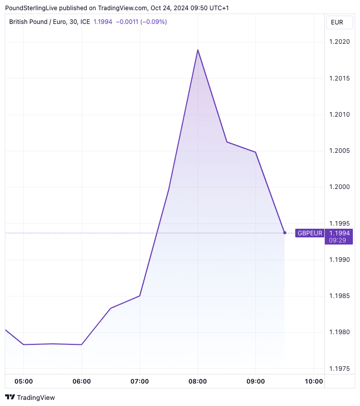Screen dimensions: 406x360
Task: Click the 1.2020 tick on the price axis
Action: pyautogui.click(x=339, y=42)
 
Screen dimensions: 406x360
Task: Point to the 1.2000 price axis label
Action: pyautogui.click(x=339, y=187)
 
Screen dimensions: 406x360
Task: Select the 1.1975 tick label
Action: pyautogui.click(x=339, y=368)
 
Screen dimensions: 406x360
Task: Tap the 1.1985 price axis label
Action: pyautogui.click(x=339, y=295)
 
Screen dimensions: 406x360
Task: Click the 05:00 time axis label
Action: pyautogui.click(x=23, y=382)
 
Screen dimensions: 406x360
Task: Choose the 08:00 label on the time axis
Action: pyautogui.click(x=198, y=382)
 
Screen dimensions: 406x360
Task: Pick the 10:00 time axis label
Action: pyautogui.click(x=314, y=382)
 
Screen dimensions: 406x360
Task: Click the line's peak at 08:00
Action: pyautogui.click(x=198, y=50)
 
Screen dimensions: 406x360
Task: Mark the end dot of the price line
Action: pyautogui.click(x=285, y=233)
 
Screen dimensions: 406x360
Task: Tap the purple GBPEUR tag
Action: pyautogui.click(x=310, y=233)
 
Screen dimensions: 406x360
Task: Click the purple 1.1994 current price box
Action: pyautogui.click(x=339, y=233)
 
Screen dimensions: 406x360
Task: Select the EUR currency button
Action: pyautogui.click(x=337, y=22)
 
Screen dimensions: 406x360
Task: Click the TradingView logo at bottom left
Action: pyautogui.click(x=30, y=397)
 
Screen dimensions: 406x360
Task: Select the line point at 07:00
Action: pyautogui.click(x=140, y=295)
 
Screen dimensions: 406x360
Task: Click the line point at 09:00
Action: pyautogui.click(x=255, y=152)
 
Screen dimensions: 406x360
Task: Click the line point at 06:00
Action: pyautogui.click(x=82, y=344)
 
